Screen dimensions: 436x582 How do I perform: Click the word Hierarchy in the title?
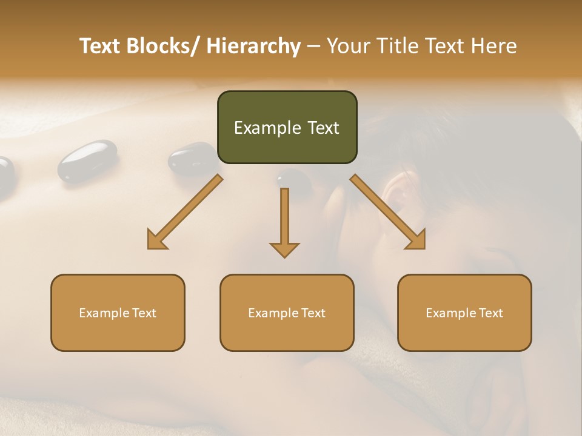tap(253, 46)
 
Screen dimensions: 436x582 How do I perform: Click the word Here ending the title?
tap(494, 46)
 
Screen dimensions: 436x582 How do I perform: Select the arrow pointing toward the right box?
tap(389, 212)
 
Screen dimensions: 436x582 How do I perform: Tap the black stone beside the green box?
tap(191, 159)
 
